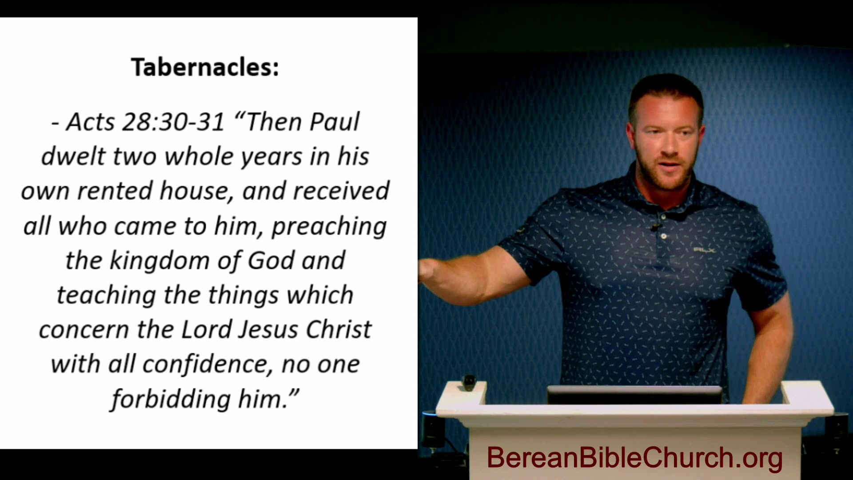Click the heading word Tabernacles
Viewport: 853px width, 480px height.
point(204,68)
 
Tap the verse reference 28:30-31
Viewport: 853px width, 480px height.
point(173,122)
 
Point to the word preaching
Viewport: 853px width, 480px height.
point(329,227)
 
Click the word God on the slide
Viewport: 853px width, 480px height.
point(271,261)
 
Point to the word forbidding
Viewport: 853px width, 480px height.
point(171,399)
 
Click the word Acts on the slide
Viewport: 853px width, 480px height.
point(90,122)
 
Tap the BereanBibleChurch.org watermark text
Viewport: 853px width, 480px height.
point(634,458)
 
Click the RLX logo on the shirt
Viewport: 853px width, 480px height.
point(704,250)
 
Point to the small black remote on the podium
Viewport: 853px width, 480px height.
point(469,383)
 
